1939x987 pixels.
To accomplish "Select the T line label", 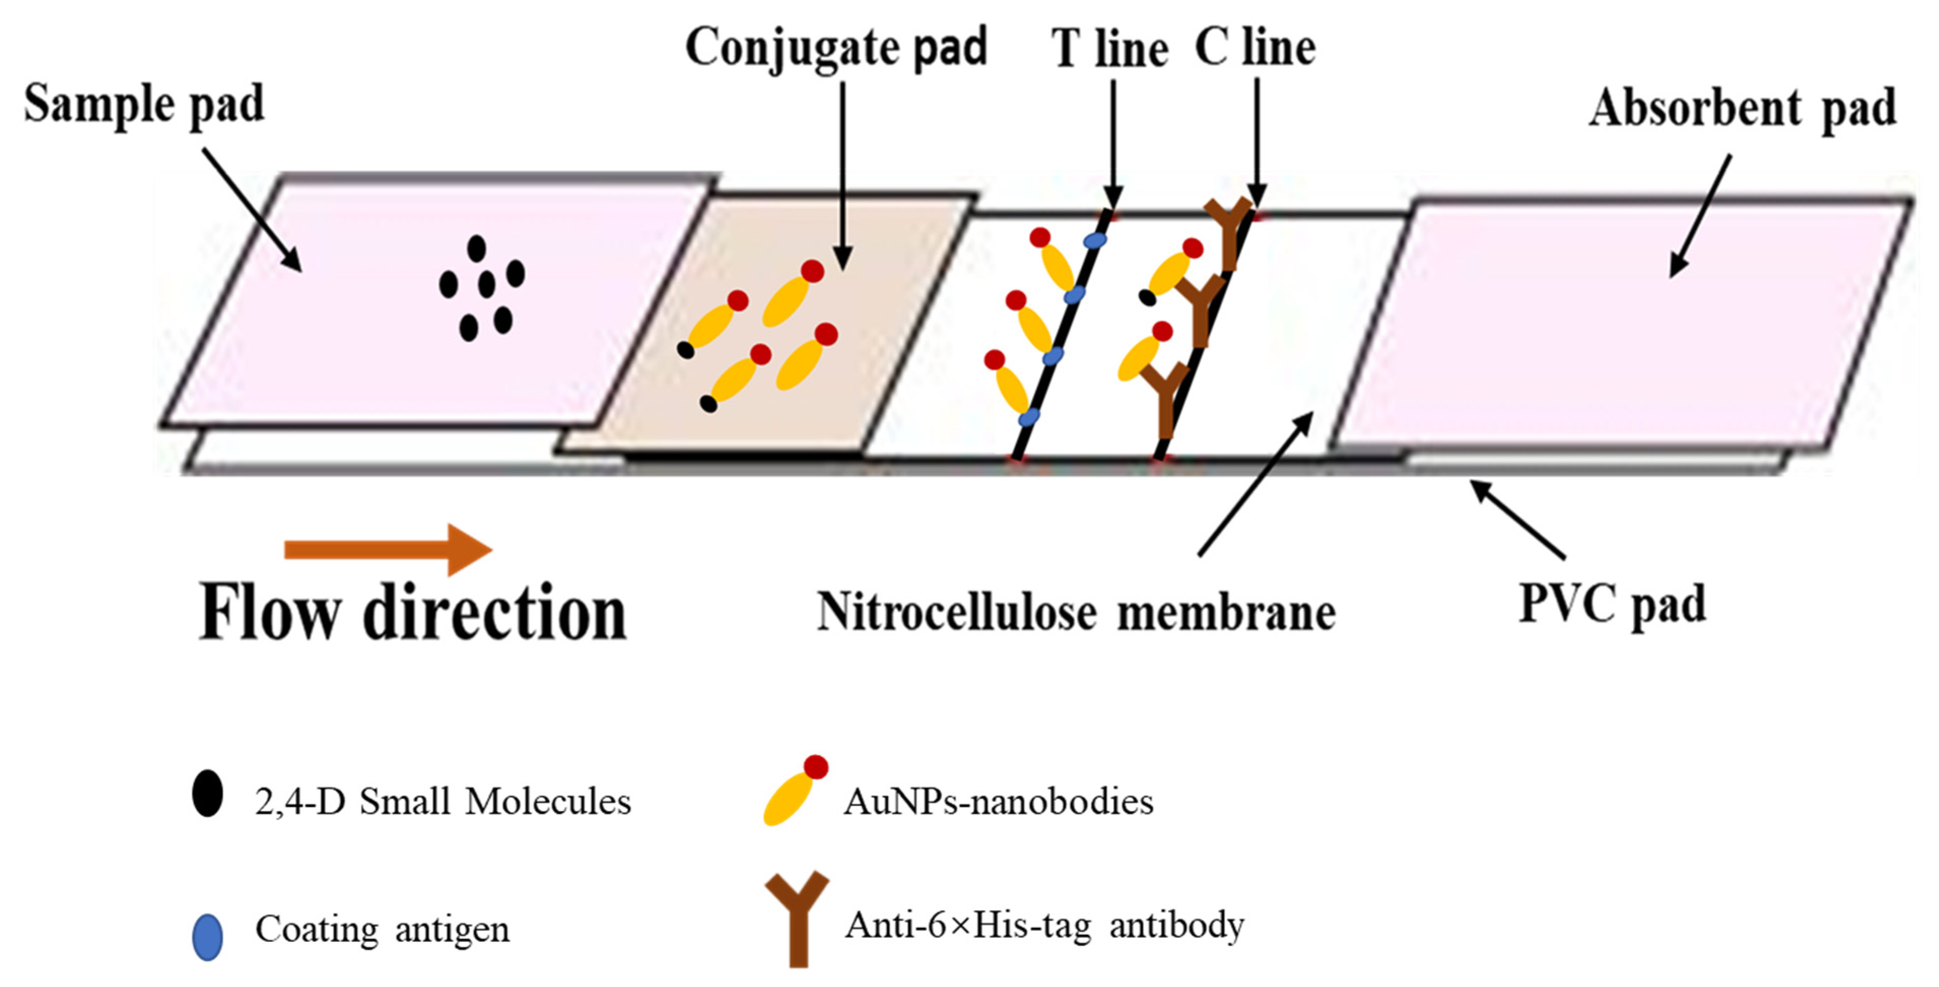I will [1110, 50].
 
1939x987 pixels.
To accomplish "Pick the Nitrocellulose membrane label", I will [1077, 612].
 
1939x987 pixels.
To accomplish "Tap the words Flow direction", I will [412, 614].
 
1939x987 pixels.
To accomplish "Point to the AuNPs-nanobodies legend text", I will [998, 802].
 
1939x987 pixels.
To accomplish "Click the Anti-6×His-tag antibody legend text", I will [1045, 925].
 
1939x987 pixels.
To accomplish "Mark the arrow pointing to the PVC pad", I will [1517, 520].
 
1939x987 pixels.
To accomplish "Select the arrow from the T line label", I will [1113, 143].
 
